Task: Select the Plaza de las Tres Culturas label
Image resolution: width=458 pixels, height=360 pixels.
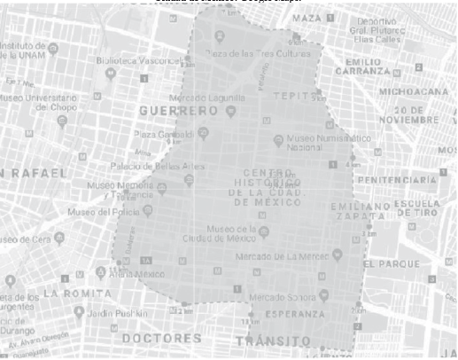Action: tap(252, 53)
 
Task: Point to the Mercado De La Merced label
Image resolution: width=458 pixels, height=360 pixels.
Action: tap(278, 257)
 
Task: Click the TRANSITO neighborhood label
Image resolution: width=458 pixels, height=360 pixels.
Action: tap(273, 340)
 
